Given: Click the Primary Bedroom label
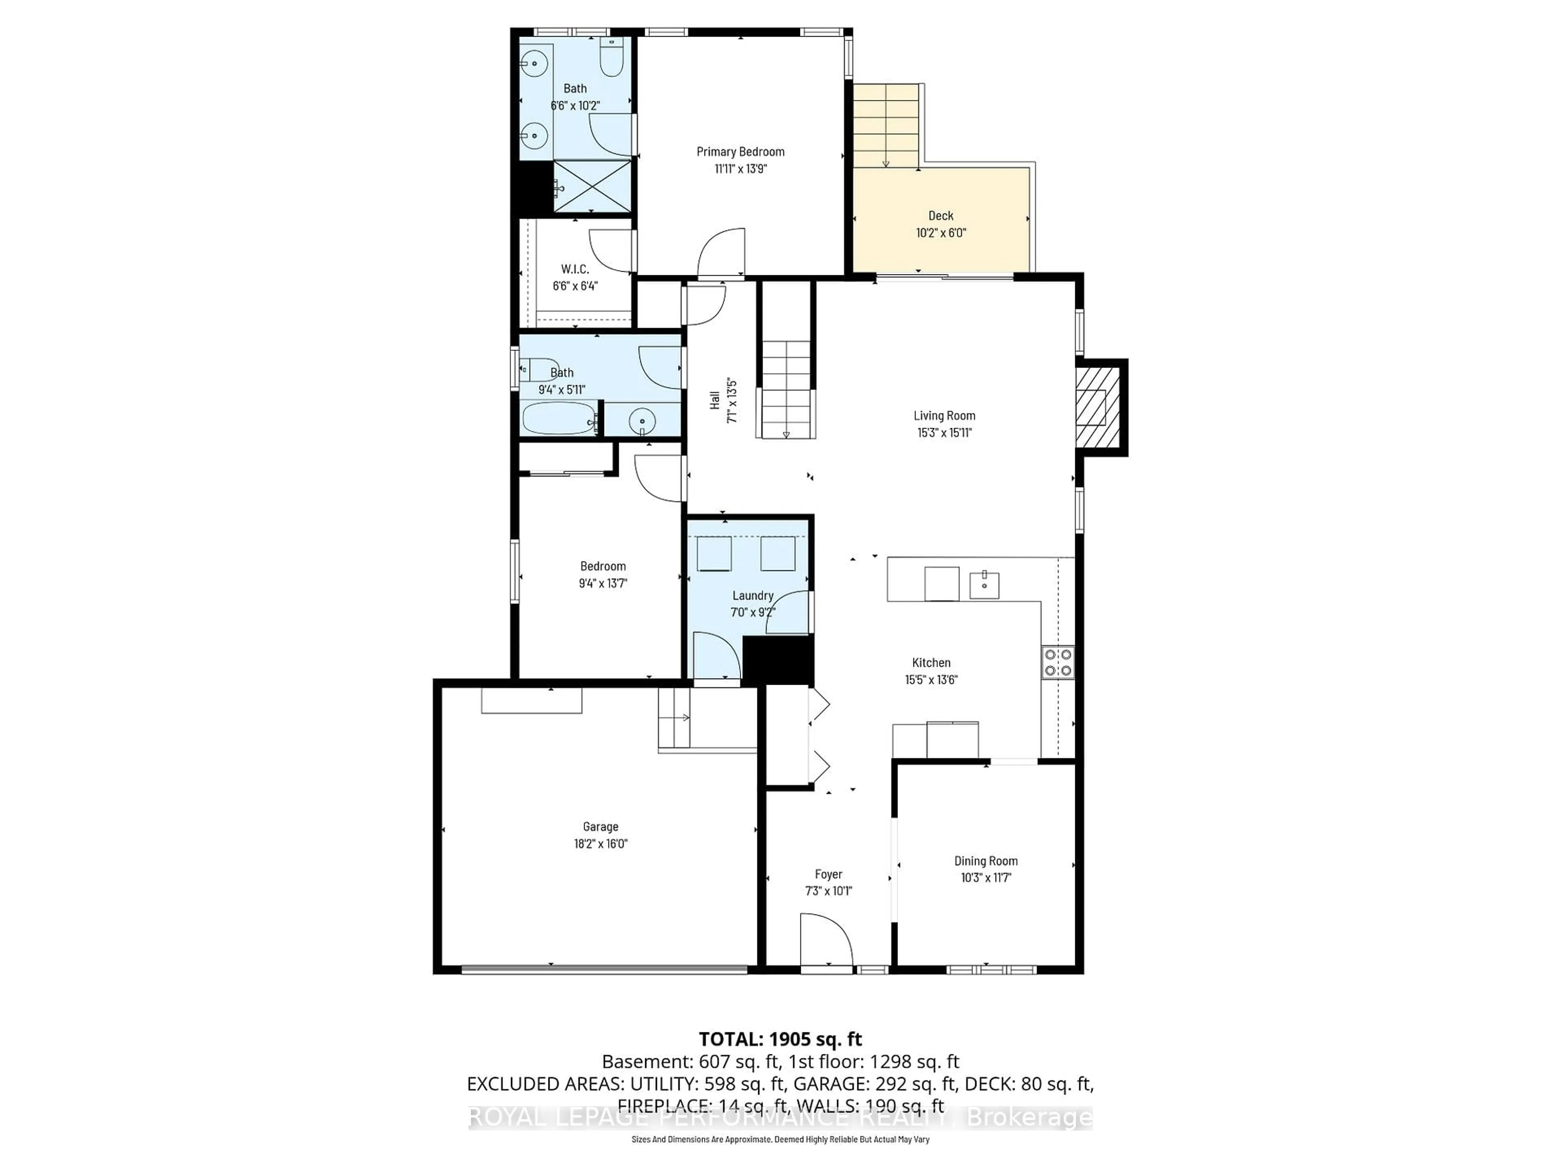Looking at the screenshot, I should point(740,152).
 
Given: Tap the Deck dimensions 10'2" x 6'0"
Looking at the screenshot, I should point(941,233).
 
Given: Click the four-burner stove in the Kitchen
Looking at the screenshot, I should point(1058,662).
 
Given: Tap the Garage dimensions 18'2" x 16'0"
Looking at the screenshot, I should point(600,844).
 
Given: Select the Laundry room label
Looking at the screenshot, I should point(752,596).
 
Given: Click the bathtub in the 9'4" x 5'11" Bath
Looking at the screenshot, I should point(557,418).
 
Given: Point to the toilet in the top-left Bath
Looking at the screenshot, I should point(611,58).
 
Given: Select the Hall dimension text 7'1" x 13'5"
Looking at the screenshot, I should point(732,401).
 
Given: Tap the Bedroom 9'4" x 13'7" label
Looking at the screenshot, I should point(603,566).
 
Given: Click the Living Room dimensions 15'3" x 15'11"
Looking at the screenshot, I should point(944,433).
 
